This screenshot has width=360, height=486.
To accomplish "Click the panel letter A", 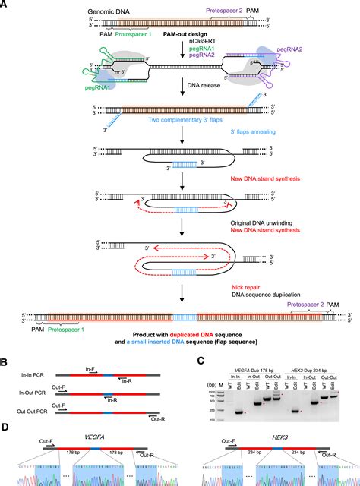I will point(7,5).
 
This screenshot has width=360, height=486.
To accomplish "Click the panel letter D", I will point(7,429).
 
